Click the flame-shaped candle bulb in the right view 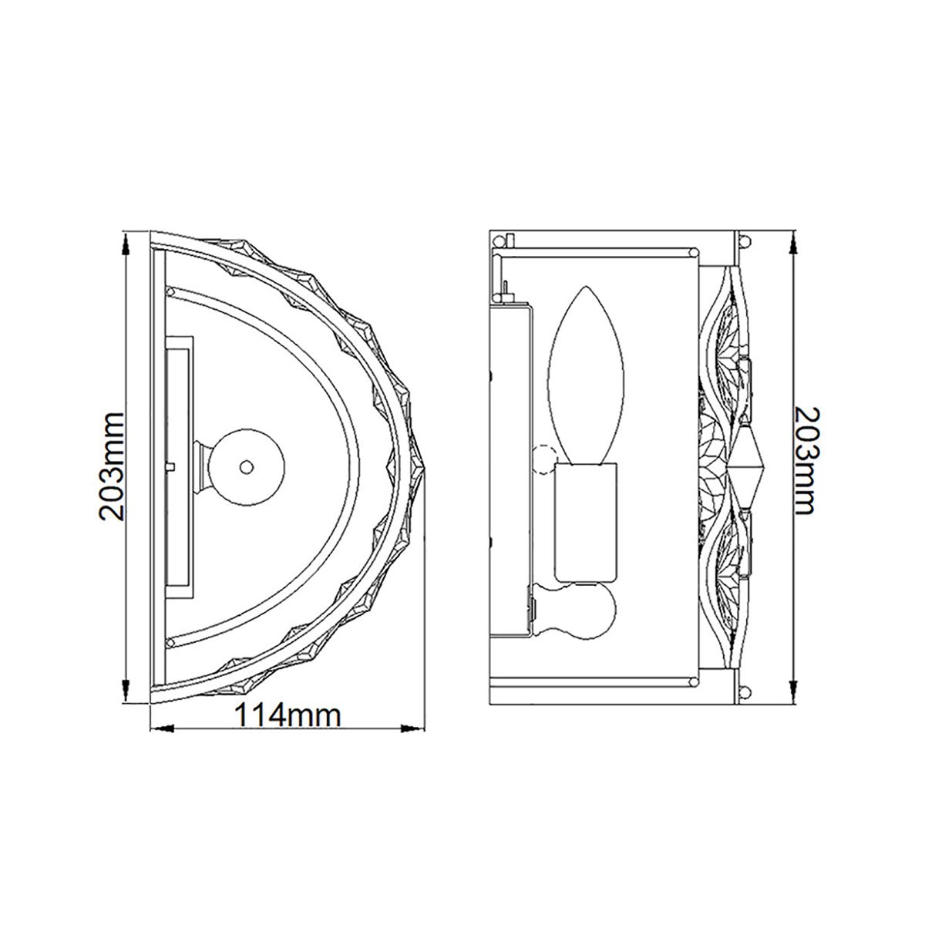coord(590,375)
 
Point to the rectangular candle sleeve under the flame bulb coord(586,523)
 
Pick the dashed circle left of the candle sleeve coord(545,460)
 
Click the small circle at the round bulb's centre coord(246,466)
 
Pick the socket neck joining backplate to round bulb coord(201,466)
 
